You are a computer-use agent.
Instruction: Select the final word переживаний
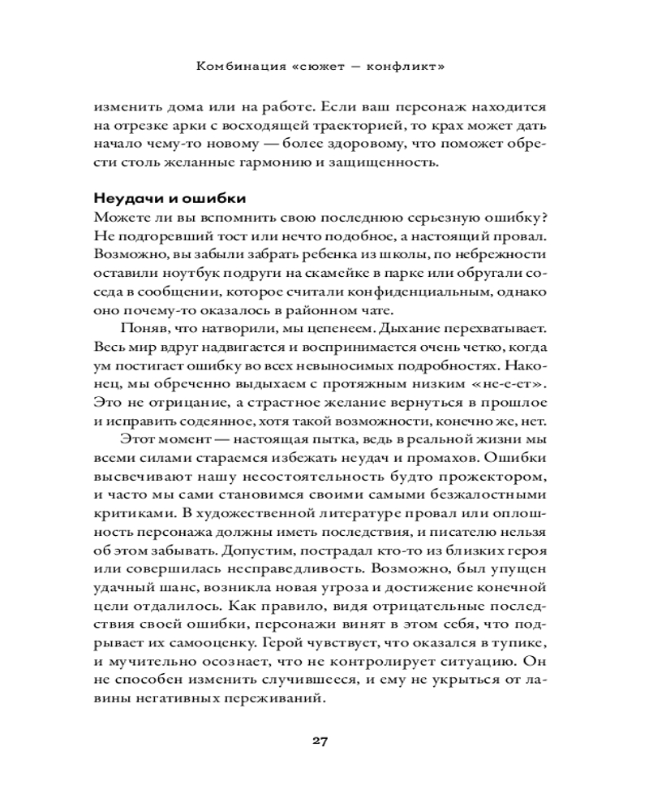pyautogui.click(x=280, y=698)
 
